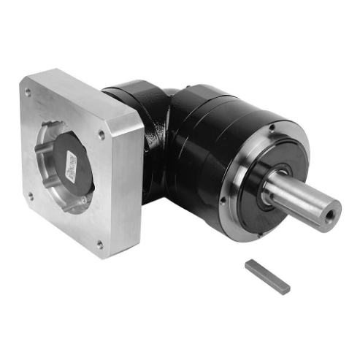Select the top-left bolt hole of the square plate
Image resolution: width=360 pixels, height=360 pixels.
coord(28,93)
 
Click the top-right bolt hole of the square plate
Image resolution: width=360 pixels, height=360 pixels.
coord(101,134)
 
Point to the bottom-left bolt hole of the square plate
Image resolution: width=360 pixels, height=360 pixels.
coord(30,195)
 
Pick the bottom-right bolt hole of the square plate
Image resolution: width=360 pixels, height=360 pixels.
coord(100,245)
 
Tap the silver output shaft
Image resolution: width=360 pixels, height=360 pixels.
coord(299,201)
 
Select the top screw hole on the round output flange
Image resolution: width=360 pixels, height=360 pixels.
coord(271,129)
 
